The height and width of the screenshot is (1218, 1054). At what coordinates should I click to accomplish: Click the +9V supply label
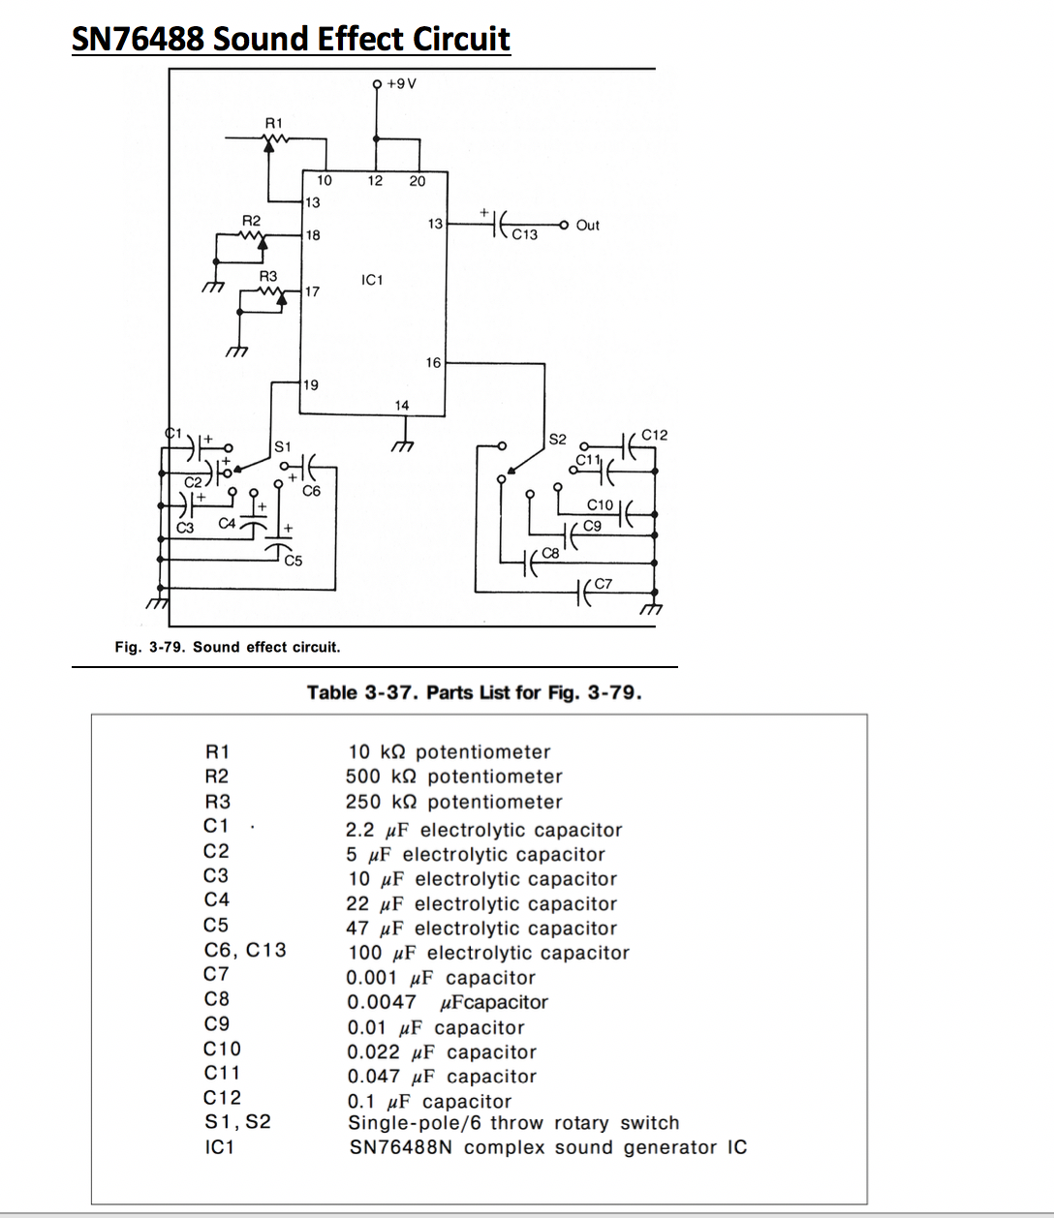(401, 83)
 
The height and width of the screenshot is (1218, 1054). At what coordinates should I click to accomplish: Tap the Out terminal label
(588, 225)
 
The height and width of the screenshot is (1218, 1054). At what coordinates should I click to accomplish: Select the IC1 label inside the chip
(372, 280)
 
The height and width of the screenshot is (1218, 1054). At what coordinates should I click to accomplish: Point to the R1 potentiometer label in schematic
(274, 123)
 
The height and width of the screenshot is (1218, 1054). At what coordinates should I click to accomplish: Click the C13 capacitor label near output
(525, 235)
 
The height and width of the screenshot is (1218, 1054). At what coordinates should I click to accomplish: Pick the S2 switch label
(558, 439)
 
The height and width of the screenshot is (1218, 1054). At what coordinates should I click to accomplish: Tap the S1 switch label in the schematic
(282, 447)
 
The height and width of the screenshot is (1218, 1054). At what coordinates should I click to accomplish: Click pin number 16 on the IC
(433, 362)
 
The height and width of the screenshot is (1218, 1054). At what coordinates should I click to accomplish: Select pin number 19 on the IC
(311, 384)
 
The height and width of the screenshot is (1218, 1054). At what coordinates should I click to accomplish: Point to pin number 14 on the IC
(401, 405)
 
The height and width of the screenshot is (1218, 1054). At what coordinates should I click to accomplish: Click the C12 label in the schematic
(655, 435)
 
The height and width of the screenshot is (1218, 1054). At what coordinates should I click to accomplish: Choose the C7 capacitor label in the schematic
(604, 583)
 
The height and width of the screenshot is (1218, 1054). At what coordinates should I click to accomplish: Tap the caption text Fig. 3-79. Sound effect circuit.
(228, 647)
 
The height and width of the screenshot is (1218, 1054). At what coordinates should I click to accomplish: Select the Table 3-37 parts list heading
(474, 692)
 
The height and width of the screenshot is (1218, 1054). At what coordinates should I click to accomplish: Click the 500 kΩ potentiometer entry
(453, 776)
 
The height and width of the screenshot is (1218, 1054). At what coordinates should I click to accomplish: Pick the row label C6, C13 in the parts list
(245, 950)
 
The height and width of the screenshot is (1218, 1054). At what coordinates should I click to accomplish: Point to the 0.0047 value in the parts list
(381, 1002)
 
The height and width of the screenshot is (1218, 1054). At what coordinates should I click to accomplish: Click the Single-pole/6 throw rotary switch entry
(513, 1123)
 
